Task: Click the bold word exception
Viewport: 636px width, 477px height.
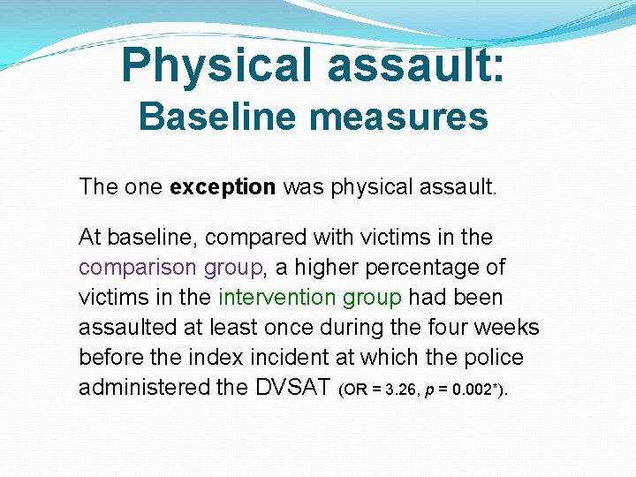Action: point(223,186)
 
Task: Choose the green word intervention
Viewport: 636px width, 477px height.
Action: point(277,297)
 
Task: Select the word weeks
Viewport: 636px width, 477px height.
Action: point(506,327)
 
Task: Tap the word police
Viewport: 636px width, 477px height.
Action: point(497,357)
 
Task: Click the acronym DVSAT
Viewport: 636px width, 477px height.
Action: point(292,387)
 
